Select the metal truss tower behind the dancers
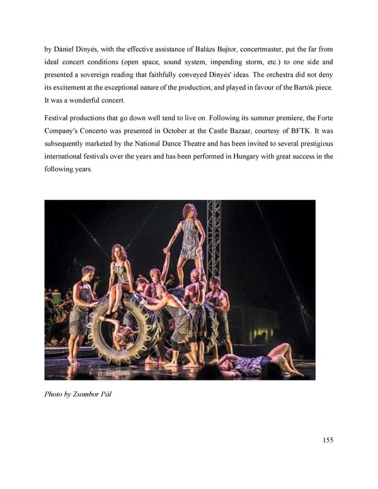point(214,239)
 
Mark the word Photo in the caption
point(54,394)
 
